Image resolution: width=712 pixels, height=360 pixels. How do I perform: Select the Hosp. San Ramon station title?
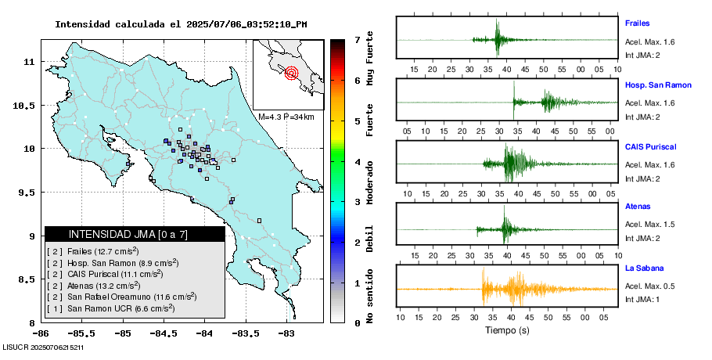pyautogui.click(x=658, y=85)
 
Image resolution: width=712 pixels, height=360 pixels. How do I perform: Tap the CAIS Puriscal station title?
pyautogui.click(x=650, y=146)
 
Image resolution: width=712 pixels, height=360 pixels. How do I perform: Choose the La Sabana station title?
pyautogui.click(x=643, y=268)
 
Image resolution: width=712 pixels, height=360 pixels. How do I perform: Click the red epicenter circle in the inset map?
pyautogui.click(x=292, y=74)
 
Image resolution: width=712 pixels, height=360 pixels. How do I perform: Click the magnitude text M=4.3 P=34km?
pyautogui.click(x=286, y=117)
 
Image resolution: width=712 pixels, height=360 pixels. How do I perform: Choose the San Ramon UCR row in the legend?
pyautogui.click(x=120, y=309)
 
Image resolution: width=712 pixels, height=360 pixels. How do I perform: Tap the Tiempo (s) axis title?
pyautogui.click(x=507, y=330)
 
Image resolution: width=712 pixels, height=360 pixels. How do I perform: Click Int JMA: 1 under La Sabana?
pyautogui.click(x=642, y=300)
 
